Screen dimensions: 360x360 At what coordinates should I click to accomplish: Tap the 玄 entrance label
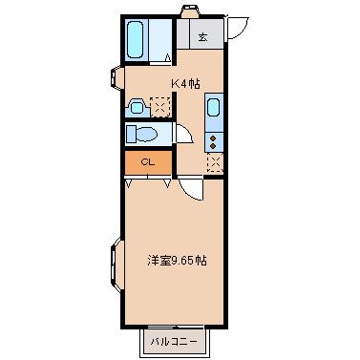[x=203, y=37]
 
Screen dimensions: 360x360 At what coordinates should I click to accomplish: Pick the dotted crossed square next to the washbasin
[x=159, y=105]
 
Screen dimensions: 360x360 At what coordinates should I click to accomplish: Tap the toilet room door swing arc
[x=183, y=135]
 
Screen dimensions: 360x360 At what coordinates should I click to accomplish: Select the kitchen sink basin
[x=214, y=106]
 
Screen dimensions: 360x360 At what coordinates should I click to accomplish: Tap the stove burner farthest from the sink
[x=214, y=146]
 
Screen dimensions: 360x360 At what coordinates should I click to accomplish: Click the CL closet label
[x=147, y=162]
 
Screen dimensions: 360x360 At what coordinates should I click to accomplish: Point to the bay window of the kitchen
[x=116, y=77]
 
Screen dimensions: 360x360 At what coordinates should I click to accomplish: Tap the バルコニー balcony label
[x=173, y=339]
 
